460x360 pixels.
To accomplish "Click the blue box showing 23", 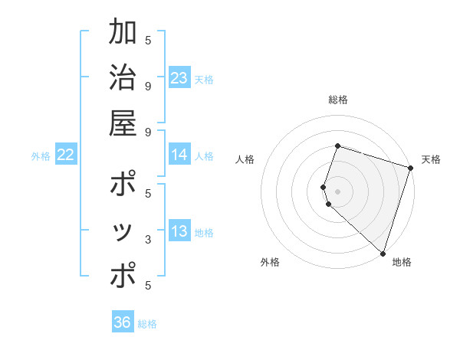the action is tap(179, 78).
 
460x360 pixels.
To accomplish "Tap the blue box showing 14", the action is tap(179, 155).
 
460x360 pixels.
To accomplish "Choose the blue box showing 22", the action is tap(66, 155).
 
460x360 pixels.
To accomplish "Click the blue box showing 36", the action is tap(123, 322).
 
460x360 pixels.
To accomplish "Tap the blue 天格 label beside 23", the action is tap(204, 79).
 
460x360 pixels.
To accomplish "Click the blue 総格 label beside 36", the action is tap(147, 324).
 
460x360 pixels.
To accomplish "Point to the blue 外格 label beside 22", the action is tap(41, 156).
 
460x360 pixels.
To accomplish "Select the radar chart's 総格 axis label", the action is tap(337, 100).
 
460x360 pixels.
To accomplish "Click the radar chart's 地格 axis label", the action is tap(402, 263).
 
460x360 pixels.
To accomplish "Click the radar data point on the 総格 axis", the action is tap(337, 146).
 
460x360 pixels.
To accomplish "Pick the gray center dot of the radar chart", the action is tap(337, 191).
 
